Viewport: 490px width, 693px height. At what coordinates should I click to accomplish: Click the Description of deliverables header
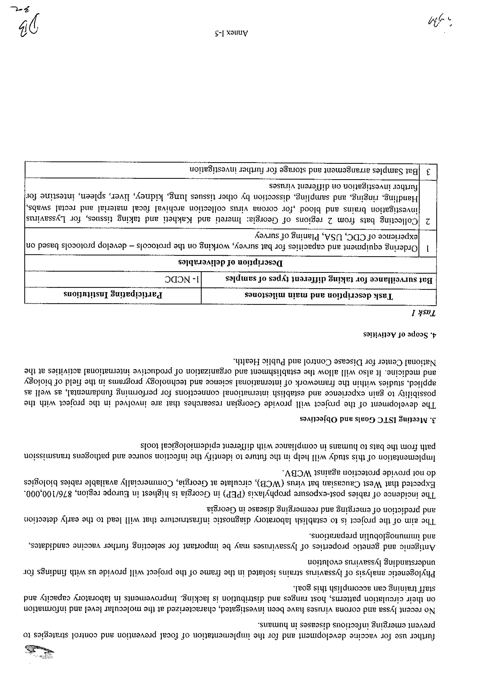tap(231, 263)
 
